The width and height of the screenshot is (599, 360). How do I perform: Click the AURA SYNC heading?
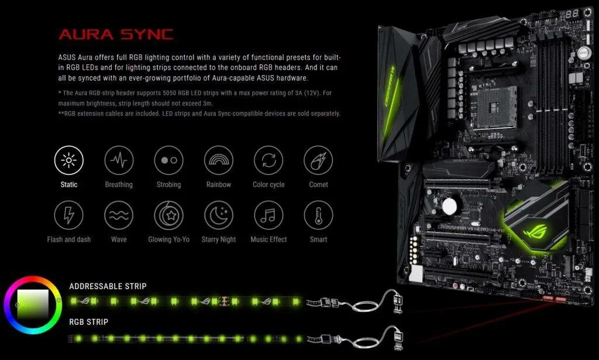pos(116,34)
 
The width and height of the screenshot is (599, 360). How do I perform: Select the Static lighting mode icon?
pos(69,160)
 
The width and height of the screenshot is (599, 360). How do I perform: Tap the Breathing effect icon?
pos(119,160)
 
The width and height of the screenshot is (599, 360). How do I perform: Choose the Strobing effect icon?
pos(168,160)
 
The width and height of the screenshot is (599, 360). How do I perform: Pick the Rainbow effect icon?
pos(219,160)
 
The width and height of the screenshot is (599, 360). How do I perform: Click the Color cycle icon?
pos(268,160)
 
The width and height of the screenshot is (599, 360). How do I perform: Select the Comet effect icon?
pos(318,160)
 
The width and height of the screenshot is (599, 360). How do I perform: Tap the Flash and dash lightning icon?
pos(69,215)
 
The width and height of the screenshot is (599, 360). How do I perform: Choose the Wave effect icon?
pos(119,215)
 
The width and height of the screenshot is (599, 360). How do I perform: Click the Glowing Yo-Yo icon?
pos(168,215)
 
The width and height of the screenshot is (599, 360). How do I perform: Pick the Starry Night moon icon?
pos(219,215)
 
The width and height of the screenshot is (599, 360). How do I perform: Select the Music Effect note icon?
pos(268,215)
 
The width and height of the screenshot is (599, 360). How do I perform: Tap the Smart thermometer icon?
pos(318,215)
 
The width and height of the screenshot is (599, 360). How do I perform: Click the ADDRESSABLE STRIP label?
pos(108,286)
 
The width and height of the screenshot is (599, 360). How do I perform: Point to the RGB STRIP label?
pos(88,322)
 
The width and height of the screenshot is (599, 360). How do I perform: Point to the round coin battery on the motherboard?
pos(449,205)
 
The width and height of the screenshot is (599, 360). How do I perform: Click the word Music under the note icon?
pos(259,239)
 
